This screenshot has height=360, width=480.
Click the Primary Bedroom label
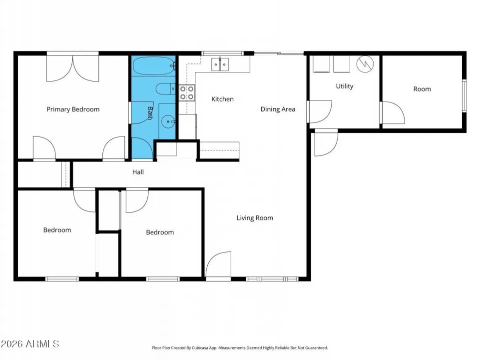(x=73, y=109)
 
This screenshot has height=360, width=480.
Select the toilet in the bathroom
(x=164, y=89)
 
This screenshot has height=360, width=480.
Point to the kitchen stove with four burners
(x=187, y=92)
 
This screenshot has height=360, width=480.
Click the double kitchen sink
(x=220, y=64)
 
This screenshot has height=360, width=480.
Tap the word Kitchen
(x=222, y=99)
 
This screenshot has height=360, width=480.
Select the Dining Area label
(x=278, y=109)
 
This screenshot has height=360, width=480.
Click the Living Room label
(x=255, y=218)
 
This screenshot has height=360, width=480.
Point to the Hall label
(x=138, y=172)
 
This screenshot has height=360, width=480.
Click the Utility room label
(x=344, y=86)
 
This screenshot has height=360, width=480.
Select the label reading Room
(x=422, y=89)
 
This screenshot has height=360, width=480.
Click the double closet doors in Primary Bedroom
(x=73, y=68)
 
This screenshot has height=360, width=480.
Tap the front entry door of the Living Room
(x=219, y=266)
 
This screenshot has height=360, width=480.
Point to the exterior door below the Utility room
(x=326, y=142)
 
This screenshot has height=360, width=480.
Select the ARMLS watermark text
(x=30, y=344)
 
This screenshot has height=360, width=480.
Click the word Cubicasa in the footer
(x=210, y=347)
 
